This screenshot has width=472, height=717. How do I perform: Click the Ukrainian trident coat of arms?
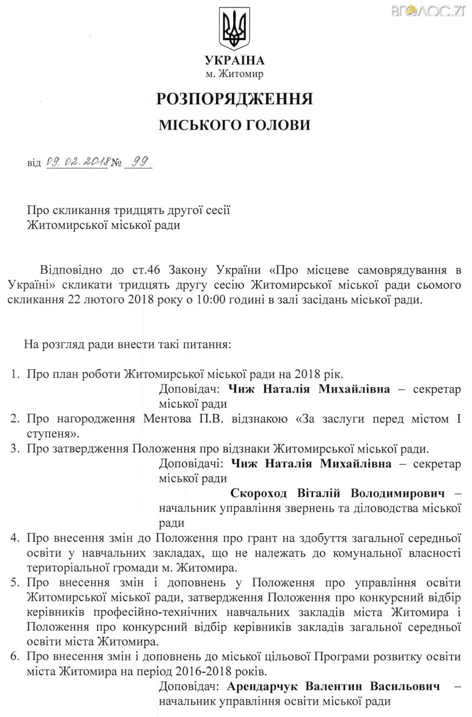(x=235, y=29)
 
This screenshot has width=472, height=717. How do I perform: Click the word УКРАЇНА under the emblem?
(x=235, y=60)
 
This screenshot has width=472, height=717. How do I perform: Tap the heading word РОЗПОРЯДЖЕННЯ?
(x=235, y=99)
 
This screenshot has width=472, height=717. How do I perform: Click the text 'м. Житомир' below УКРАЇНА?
(x=235, y=74)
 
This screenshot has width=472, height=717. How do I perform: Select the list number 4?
(x=15, y=539)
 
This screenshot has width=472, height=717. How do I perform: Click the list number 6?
(x=15, y=658)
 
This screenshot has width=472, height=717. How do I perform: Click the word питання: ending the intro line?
(x=208, y=343)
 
